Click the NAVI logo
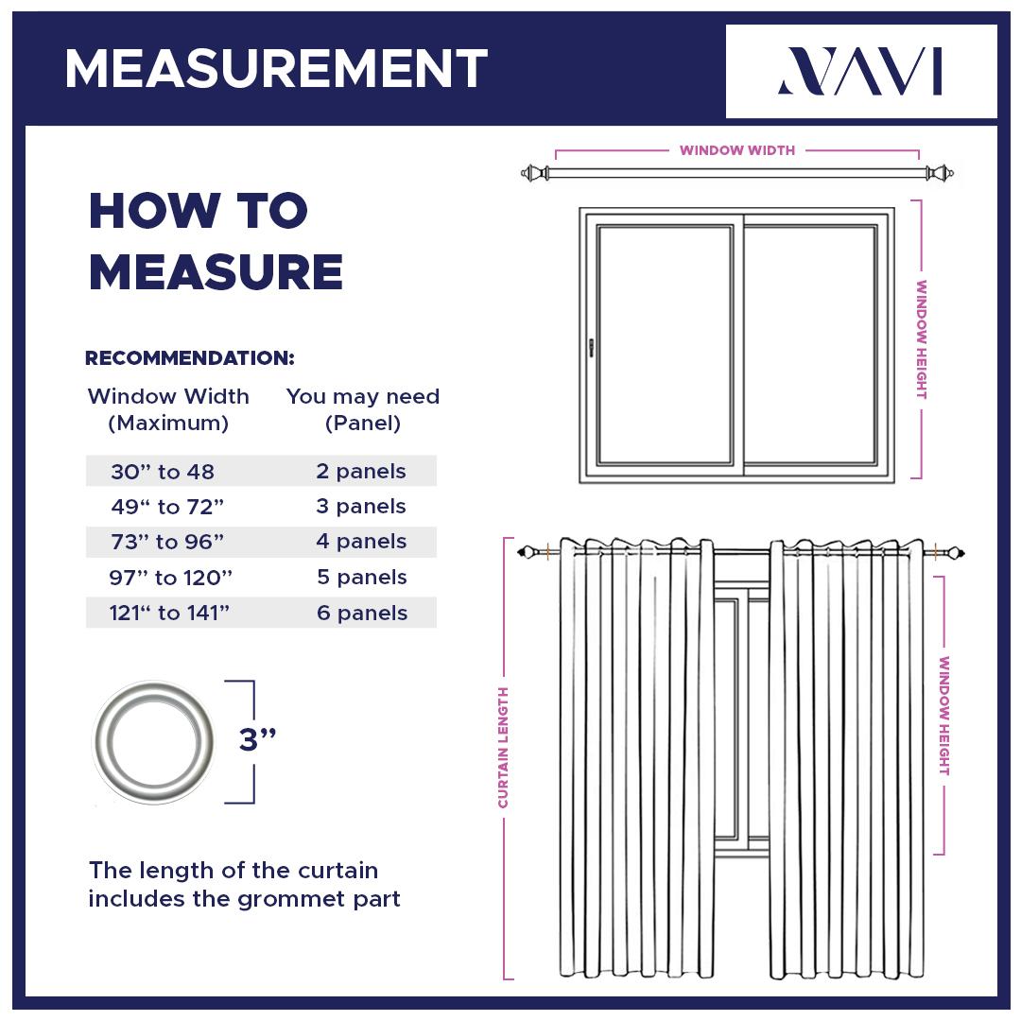tap(860, 72)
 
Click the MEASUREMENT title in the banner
tap(276, 69)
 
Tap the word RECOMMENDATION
tap(190, 358)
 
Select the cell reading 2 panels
tap(361, 471)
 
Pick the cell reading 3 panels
tap(361, 507)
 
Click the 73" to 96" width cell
tap(167, 542)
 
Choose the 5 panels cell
tap(361, 578)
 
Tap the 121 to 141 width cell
tap(169, 613)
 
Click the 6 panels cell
tap(361, 613)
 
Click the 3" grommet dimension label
tap(257, 740)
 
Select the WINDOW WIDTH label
tap(736, 150)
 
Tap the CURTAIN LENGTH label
tap(503, 747)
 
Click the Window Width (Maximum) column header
tap(168, 409)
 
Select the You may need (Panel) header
tap(363, 409)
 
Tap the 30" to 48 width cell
tap(163, 471)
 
